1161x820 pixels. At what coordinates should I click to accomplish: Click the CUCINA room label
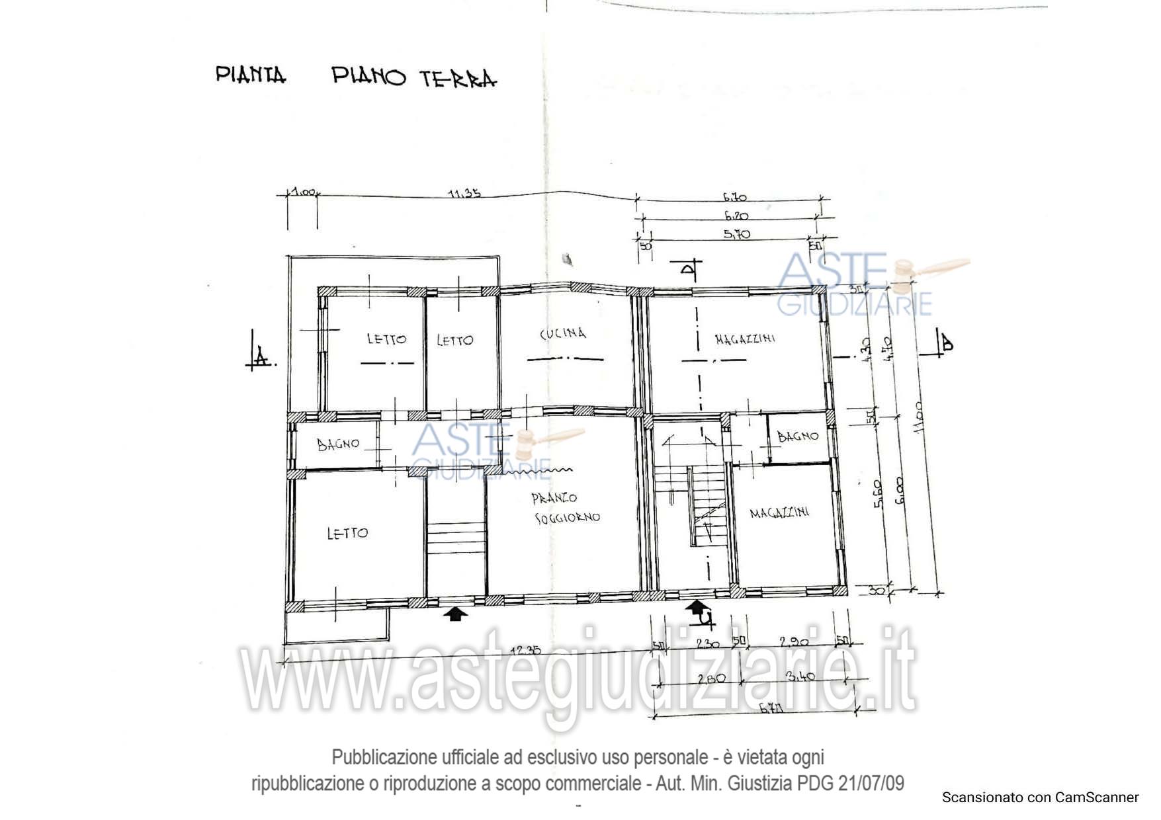[x=563, y=333]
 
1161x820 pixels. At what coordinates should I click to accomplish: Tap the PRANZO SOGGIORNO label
[x=566, y=507]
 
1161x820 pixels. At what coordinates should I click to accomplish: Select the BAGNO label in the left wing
[x=338, y=444]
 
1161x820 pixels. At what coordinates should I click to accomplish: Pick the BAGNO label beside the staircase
[x=798, y=436]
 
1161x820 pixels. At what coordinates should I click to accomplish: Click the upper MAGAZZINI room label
[x=745, y=339]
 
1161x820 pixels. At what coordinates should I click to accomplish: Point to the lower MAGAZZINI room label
[x=779, y=512]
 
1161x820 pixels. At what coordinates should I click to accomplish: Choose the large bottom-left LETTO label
[x=347, y=533]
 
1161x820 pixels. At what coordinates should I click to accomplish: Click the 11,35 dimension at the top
[x=464, y=194]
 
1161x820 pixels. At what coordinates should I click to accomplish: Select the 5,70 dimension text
[x=737, y=234]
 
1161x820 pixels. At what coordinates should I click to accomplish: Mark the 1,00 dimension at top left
[x=303, y=192]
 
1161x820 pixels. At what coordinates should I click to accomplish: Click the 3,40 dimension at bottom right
[x=800, y=676]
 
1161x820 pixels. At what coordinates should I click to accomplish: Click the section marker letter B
[x=947, y=343]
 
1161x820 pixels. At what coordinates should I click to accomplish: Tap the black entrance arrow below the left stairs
[x=454, y=614]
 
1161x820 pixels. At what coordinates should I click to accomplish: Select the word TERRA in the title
[x=458, y=79]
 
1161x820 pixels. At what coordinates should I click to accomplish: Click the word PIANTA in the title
[x=251, y=75]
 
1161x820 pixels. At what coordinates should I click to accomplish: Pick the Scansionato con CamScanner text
[x=1040, y=798]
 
